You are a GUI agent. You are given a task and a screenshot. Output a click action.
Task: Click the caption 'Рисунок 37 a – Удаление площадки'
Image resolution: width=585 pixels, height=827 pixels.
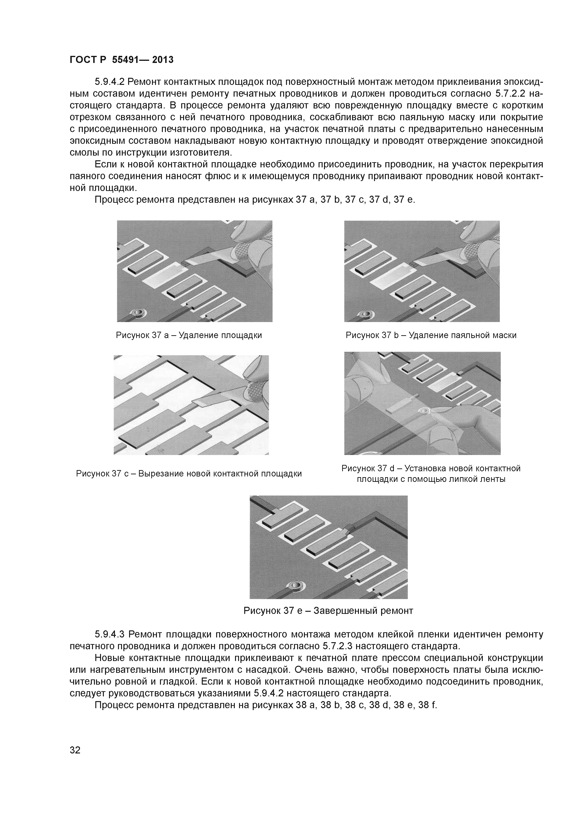coord(189,335)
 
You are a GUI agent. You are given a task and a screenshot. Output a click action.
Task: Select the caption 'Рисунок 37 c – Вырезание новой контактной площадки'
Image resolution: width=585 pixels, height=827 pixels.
coord(189,474)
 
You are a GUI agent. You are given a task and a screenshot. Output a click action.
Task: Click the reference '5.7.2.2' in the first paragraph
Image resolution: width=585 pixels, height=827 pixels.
coord(510,94)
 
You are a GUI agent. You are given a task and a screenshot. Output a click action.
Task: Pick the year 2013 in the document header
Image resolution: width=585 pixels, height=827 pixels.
coord(163,60)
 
